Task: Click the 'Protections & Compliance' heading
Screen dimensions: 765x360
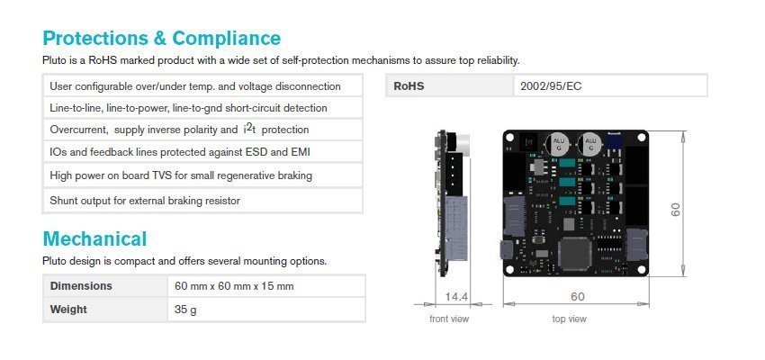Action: point(161,38)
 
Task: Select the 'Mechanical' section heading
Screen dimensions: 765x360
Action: point(94,239)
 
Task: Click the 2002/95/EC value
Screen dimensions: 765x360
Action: point(551,86)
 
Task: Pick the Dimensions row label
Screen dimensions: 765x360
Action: point(81,286)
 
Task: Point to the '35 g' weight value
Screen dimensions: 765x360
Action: point(185,310)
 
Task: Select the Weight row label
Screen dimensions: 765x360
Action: point(68,310)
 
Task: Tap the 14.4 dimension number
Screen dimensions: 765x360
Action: point(456,297)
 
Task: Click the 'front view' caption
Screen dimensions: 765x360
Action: point(449,319)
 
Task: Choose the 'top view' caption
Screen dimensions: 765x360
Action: point(570,319)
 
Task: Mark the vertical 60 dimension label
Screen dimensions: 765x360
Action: point(676,210)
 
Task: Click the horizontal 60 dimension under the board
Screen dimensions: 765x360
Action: point(577,297)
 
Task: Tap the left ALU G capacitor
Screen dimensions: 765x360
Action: point(558,144)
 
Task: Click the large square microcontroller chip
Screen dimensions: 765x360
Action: point(575,253)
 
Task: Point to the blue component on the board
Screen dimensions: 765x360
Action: point(615,141)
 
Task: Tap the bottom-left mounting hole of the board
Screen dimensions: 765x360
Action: point(510,269)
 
